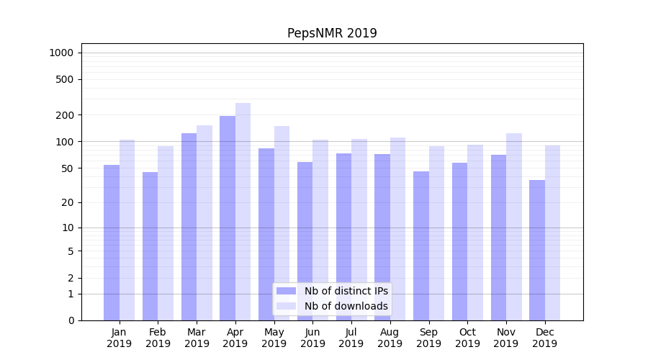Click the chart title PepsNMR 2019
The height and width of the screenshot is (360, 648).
tap(332, 33)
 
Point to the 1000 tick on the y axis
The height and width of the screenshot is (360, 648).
tap(61, 53)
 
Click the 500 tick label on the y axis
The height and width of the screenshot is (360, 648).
tap(66, 79)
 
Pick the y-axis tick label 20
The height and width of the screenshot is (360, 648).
tap(68, 202)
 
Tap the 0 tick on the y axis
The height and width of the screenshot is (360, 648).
tap(71, 320)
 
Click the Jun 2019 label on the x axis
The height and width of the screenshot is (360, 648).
tap(312, 338)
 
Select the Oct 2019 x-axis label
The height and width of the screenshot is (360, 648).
tap(467, 338)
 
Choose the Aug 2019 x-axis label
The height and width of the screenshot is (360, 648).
tap(390, 338)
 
